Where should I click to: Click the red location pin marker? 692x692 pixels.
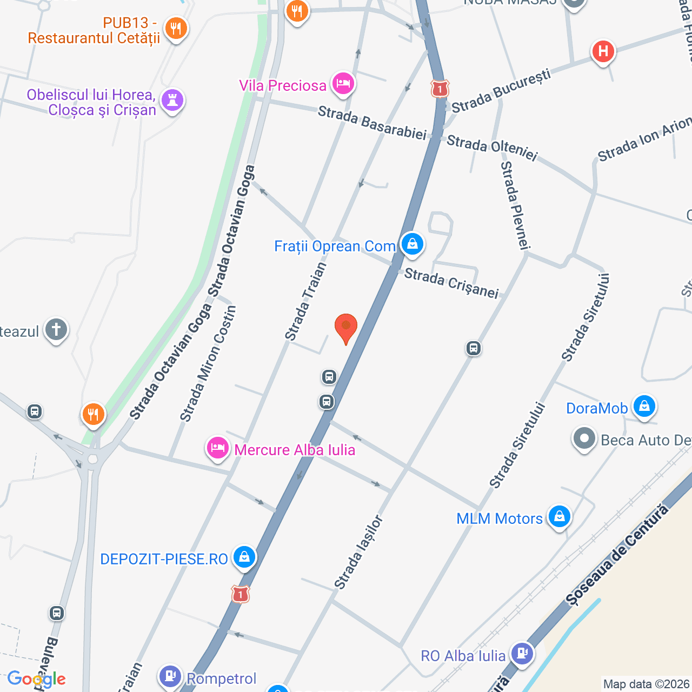click(x=346, y=327)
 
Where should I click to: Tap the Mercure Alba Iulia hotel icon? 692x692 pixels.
click(x=217, y=448)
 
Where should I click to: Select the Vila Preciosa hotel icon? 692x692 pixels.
click(x=343, y=84)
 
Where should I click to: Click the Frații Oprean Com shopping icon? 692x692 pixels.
click(x=412, y=244)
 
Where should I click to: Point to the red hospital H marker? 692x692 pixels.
click(x=603, y=52)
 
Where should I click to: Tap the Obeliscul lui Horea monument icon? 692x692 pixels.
click(x=172, y=101)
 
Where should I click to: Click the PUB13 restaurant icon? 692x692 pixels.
click(x=176, y=28)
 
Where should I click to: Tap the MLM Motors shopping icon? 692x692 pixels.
click(x=560, y=516)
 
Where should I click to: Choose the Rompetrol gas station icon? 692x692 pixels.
click(x=170, y=676)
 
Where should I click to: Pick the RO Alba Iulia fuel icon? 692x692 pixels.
click(x=522, y=653)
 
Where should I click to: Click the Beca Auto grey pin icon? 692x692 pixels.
click(x=584, y=439)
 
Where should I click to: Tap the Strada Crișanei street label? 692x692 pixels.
click(x=451, y=283)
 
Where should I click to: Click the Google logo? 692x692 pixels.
click(x=36, y=680)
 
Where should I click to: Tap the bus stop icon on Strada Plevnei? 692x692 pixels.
click(x=474, y=348)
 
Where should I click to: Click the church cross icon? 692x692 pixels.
click(x=56, y=329)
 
